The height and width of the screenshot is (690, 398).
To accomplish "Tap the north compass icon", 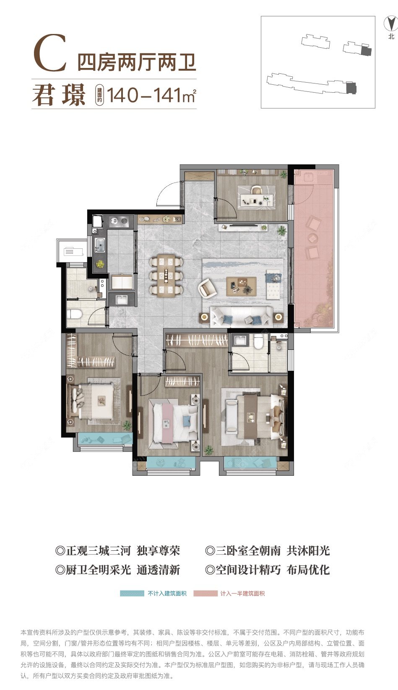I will point(391,23).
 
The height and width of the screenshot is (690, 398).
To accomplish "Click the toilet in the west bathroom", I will point(75,314).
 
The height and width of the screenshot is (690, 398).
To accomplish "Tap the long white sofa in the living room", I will point(241,316).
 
